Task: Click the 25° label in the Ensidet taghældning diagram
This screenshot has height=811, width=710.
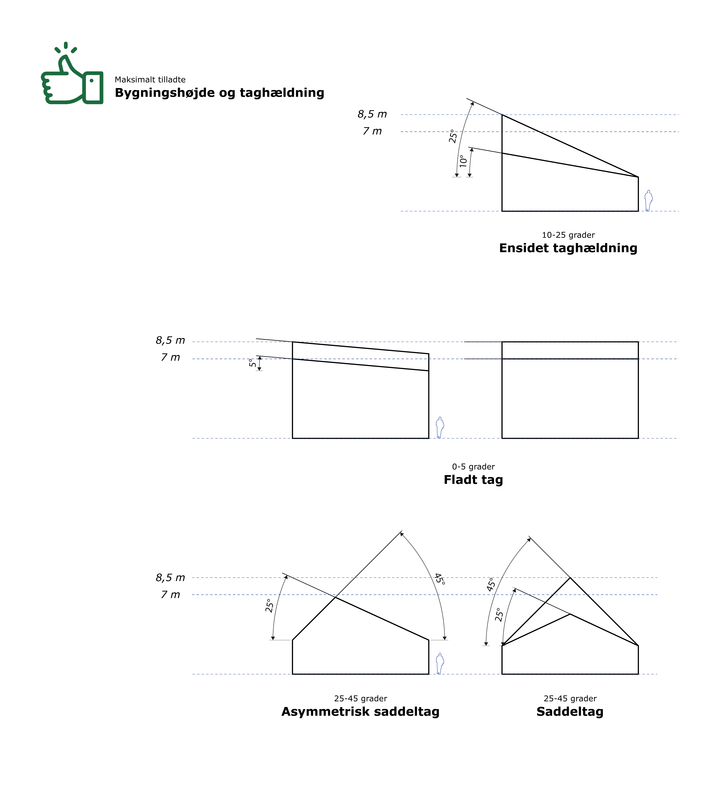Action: [x=453, y=136]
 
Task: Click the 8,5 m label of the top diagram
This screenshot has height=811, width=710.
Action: [x=372, y=114]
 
